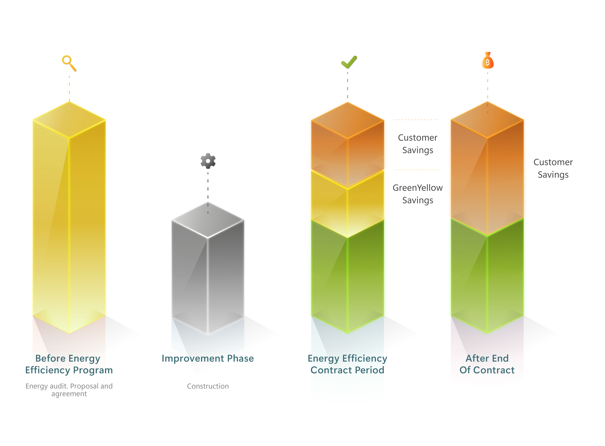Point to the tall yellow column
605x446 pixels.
tap(69, 217)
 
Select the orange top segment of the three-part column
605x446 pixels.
tap(348, 144)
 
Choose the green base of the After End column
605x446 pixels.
tap(487, 275)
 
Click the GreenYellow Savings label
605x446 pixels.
tap(418, 194)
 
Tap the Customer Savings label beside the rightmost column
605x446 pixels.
tap(553, 168)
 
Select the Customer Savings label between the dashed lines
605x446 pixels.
tap(418, 144)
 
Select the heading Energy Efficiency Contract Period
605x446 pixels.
tap(347, 364)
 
